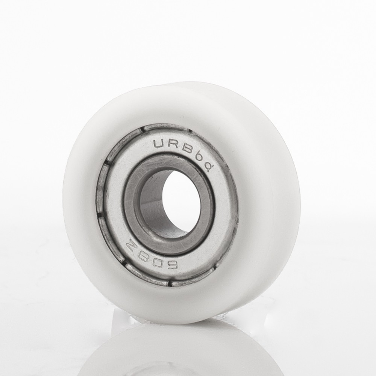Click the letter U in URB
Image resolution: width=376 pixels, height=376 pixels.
(x=159, y=144)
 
